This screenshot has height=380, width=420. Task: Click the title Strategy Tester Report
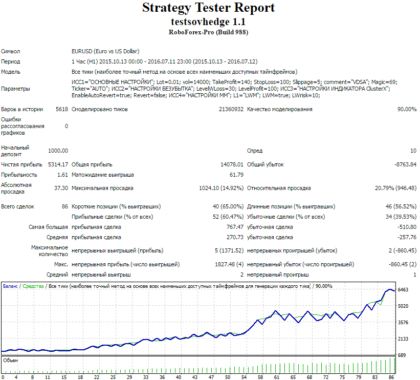point(208,8)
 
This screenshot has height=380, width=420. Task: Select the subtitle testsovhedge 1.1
point(208,22)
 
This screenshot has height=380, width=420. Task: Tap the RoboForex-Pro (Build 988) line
point(208,32)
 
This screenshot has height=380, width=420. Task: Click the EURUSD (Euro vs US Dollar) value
point(105,52)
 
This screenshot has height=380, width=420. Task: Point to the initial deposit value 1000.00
point(58,151)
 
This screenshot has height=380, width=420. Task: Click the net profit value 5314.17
point(58,164)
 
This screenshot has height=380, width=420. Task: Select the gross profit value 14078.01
point(232,164)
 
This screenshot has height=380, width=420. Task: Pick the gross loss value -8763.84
point(405,164)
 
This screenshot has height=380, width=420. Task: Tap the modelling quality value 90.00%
point(407,109)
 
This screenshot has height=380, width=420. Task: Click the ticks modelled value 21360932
point(231,109)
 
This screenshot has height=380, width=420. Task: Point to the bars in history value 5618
point(62,109)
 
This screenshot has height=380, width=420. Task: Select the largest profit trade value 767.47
point(235,227)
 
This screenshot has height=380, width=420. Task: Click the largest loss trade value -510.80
point(407,227)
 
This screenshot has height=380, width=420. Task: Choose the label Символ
point(10,52)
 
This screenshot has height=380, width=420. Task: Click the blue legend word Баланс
point(10,286)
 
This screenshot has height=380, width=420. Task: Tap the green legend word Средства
point(33,286)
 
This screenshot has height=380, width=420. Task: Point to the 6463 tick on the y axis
point(403,290)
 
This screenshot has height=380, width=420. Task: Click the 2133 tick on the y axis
point(403,339)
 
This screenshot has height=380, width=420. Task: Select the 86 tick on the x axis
point(391,377)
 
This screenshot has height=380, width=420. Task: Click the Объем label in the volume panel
point(10,361)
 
